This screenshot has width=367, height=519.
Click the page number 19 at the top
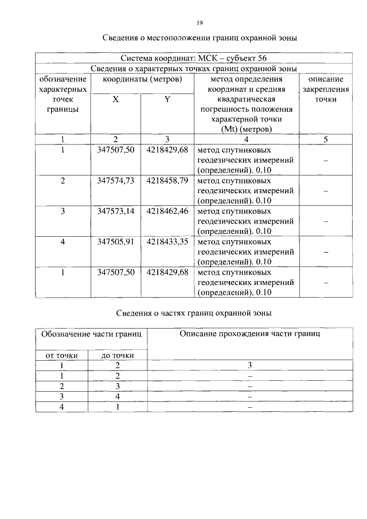(x=200, y=23)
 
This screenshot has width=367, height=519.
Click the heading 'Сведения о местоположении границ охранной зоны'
(x=200, y=38)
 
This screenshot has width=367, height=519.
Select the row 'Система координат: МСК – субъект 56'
(x=193, y=58)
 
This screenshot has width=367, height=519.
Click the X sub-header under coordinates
(x=116, y=99)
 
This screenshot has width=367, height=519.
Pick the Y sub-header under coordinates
(x=167, y=99)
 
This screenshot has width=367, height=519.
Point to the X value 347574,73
(x=116, y=180)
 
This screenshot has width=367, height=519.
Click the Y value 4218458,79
(x=167, y=180)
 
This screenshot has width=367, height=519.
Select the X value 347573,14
(x=116, y=211)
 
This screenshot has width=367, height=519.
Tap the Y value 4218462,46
(x=167, y=211)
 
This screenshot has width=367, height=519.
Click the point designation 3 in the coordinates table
(x=63, y=211)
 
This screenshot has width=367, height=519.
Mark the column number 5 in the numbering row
(x=326, y=139)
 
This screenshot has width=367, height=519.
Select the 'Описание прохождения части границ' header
(x=249, y=333)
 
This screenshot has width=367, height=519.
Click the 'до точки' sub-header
(x=118, y=356)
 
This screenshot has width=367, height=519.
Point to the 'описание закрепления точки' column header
(x=326, y=89)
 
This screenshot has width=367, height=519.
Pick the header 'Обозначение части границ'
(x=91, y=333)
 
